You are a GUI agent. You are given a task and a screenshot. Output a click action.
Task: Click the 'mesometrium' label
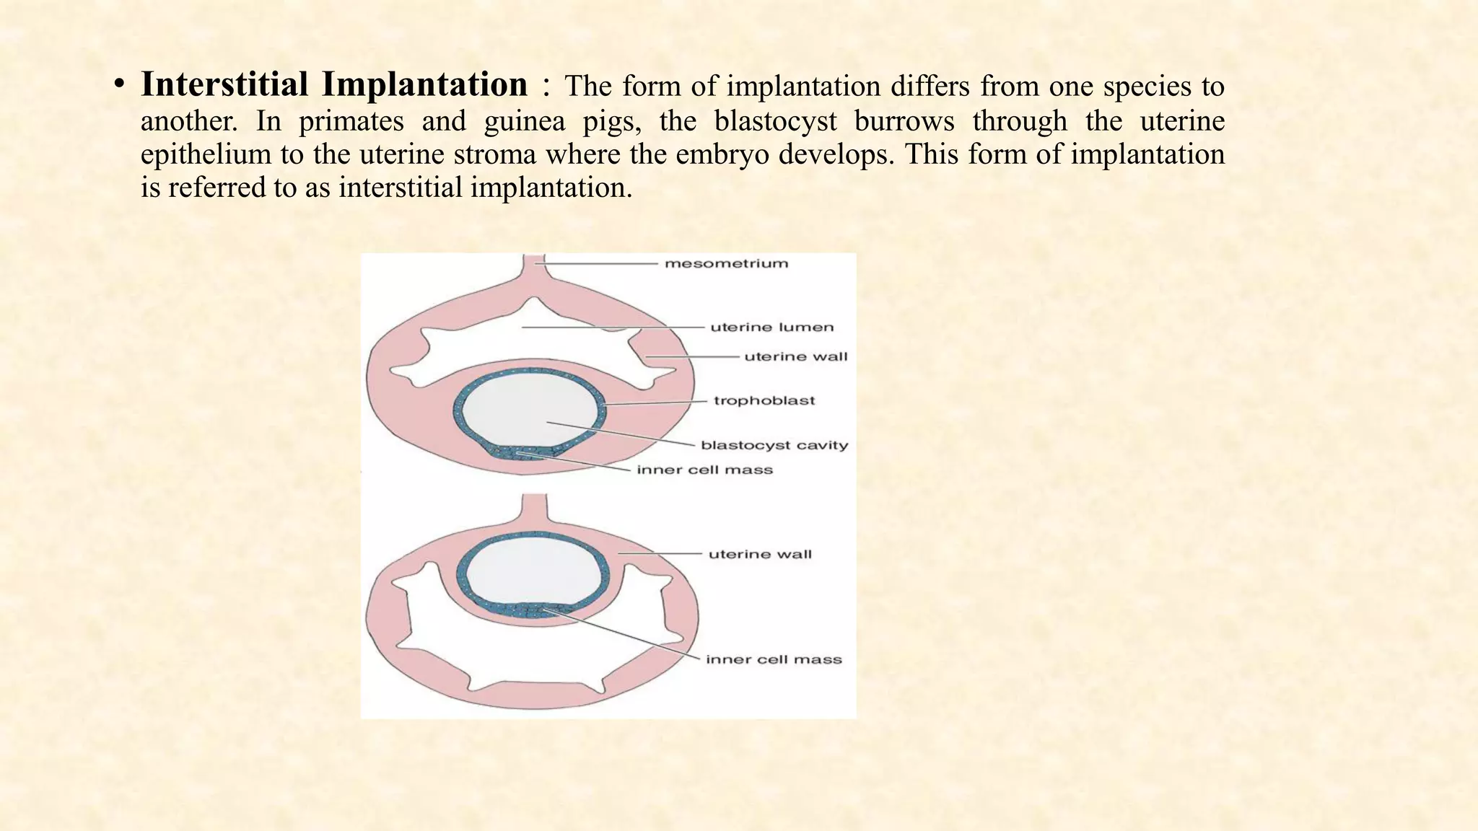click(726, 263)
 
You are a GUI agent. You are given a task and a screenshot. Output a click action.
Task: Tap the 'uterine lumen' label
click(771, 327)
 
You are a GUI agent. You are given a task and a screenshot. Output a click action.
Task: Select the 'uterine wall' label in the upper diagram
click(795, 356)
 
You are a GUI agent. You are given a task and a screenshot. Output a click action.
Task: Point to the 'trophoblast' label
click(764, 400)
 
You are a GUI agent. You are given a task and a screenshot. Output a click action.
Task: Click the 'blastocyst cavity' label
click(774, 445)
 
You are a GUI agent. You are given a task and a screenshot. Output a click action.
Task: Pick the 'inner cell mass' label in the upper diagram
click(704, 470)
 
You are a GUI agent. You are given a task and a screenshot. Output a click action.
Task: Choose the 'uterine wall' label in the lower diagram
click(760, 554)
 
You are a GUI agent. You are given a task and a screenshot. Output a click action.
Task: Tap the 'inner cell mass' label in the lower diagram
click(774, 659)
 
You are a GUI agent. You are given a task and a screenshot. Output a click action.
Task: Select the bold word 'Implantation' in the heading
click(424, 84)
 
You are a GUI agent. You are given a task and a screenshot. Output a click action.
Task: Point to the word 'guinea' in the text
click(524, 120)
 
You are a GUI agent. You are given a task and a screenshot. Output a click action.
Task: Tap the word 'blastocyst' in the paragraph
click(776, 120)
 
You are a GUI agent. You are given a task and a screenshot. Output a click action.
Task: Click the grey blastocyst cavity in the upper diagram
click(529, 411)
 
